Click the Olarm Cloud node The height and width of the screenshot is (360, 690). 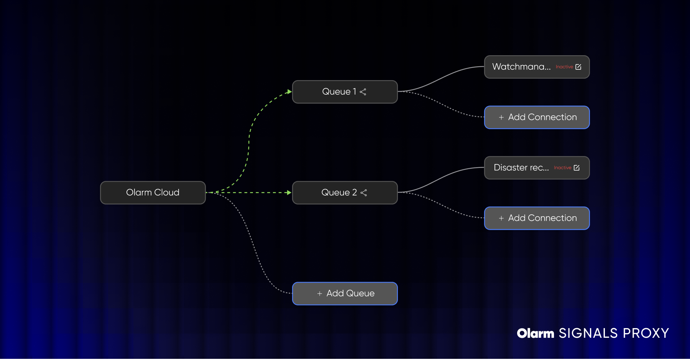coord(153,192)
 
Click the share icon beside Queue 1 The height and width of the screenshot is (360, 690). coord(363,92)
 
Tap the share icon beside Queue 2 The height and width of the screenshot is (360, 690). coord(364,192)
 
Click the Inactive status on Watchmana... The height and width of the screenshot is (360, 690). coord(564,67)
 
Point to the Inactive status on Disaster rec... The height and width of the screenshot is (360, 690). coord(562,168)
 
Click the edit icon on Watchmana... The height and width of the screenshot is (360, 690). coord(578,67)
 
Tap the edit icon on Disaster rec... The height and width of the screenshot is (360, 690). coord(577,168)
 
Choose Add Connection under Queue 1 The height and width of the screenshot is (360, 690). coord(537,117)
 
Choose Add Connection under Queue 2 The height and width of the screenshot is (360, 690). coord(537,218)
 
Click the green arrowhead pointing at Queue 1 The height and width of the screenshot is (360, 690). coord(289,92)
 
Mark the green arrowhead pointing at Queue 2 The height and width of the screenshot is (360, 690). coord(289,192)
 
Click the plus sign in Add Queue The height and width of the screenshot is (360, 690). coord(319,294)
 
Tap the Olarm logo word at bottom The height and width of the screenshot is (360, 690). coord(536,333)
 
